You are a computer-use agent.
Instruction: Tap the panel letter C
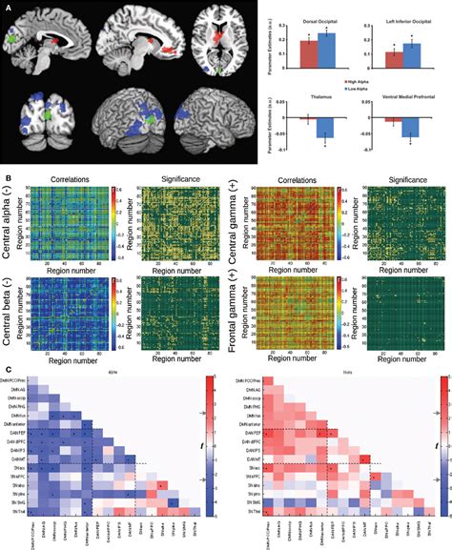(8, 367)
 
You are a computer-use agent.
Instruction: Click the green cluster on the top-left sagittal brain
(14, 43)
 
